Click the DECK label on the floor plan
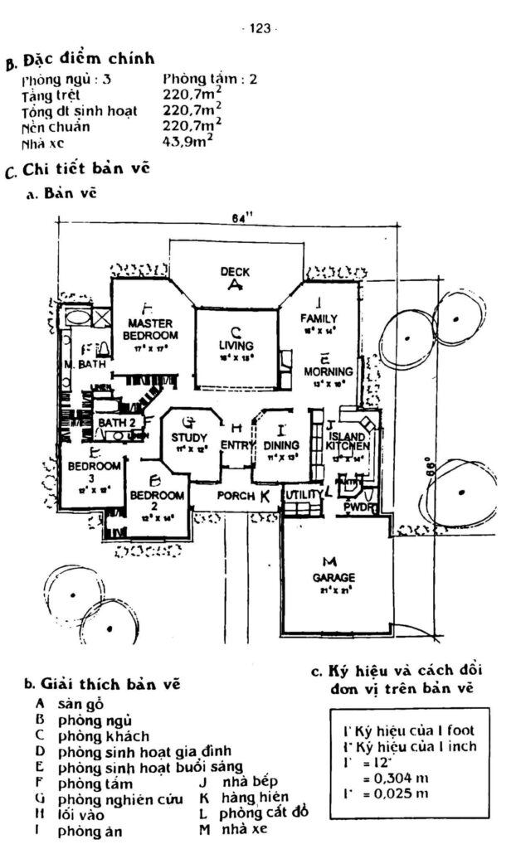pyautogui.click(x=235, y=272)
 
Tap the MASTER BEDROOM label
pyautogui.click(x=150, y=328)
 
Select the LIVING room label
pyautogui.click(x=235, y=345)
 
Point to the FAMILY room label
pyautogui.click(x=318, y=318)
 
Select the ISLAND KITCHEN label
pyautogui.click(x=347, y=442)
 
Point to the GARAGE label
pyautogui.click(x=333, y=577)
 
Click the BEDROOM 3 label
pyautogui.click(x=94, y=472)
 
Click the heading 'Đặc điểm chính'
pyautogui.click(x=88, y=60)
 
